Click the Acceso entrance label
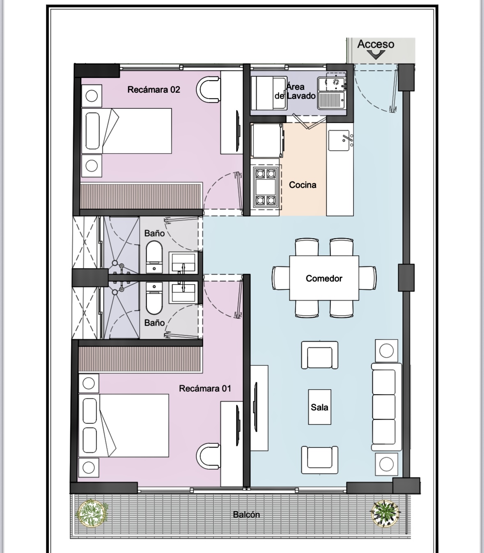(x=376, y=44)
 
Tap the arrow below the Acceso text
(x=376, y=55)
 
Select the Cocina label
(x=303, y=185)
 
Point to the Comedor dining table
(x=324, y=278)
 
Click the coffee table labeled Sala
(x=319, y=407)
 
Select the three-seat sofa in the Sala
(x=386, y=407)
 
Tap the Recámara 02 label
(x=154, y=89)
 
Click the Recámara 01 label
(x=205, y=388)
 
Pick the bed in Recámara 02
(x=126, y=131)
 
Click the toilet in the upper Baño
(x=154, y=257)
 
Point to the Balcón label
(x=246, y=514)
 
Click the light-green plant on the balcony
(x=92, y=513)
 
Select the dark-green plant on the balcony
(x=385, y=513)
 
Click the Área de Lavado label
(x=295, y=92)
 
